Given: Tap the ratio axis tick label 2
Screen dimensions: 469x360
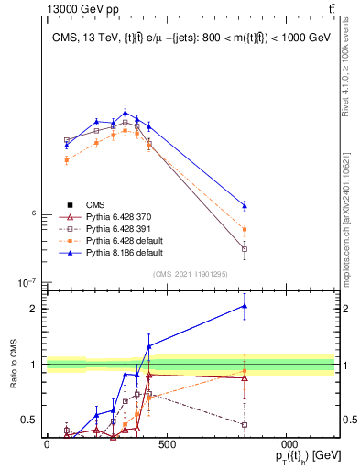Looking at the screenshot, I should point(35,309).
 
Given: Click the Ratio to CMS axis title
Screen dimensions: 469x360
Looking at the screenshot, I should point(13,365).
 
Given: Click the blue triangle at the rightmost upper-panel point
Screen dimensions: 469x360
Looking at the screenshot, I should point(245,205).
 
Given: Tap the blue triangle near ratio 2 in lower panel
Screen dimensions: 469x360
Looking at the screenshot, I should point(245,306).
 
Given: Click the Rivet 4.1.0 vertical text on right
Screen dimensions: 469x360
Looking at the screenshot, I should point(345,60).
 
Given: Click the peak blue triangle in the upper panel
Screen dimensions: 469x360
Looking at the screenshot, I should point(125,113).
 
